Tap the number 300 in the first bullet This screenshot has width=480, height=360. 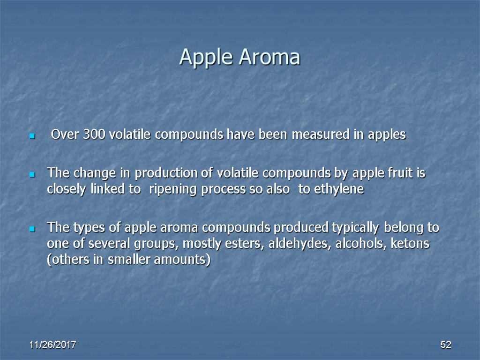(95, 135)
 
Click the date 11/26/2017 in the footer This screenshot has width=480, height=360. (53, 345)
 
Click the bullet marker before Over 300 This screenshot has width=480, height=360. (32, 136)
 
